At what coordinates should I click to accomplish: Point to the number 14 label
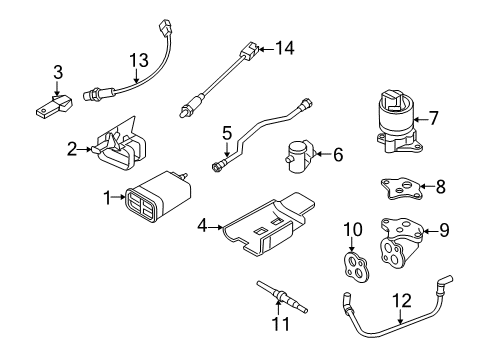[x=286, y=46]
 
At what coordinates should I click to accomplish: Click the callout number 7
[x=435, y=119]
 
